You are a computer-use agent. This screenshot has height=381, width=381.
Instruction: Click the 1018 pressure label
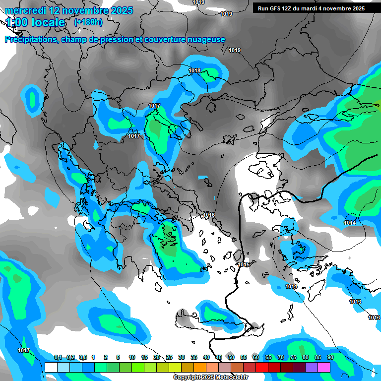point(194,71)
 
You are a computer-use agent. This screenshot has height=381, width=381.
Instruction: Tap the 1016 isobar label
point(209,215)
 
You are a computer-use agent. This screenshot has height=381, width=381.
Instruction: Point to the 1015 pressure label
point(243,264)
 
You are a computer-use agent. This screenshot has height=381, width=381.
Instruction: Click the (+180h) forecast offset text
point(88,22)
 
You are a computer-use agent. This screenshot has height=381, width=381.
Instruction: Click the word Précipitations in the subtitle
point(31,40)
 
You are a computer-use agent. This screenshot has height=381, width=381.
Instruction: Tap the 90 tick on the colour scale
point(330,357)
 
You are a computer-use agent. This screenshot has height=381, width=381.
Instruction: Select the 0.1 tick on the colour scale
point(58,357)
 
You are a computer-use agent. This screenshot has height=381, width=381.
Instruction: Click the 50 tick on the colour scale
point(231,357)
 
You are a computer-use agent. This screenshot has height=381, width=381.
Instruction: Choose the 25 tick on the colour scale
point(169,357)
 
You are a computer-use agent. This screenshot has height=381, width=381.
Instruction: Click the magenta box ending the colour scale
point(324,367)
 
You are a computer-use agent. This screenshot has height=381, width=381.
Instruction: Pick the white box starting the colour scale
point(51,367)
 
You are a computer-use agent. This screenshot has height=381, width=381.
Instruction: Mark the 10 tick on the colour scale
point(132,357)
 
